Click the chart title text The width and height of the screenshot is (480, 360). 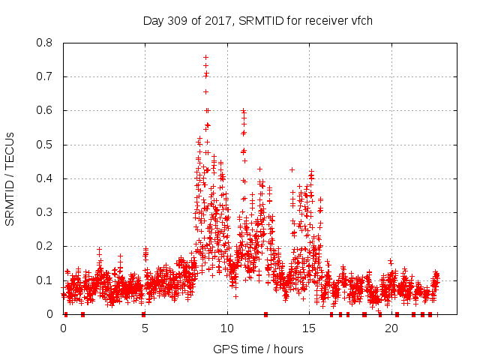258,20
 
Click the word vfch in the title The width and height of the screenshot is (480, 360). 360,20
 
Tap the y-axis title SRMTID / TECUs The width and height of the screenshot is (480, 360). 10,178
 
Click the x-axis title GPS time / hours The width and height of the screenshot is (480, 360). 258,349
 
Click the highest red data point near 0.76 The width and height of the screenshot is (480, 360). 205,57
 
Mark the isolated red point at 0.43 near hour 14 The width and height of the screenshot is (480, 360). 292,169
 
